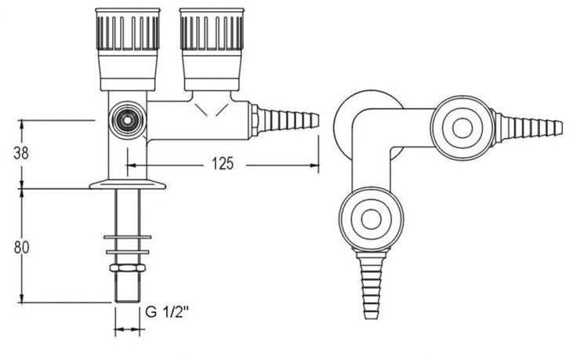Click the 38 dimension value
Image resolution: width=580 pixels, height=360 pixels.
click(x=20, y=152)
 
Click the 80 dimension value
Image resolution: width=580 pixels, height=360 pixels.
click(x=21, y=247)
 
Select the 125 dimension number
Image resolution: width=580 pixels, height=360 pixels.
click(x=223, y=163)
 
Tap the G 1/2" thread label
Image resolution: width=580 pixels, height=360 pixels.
click(x=167, y=312)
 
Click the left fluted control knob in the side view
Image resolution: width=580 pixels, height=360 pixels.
click(x=127, y=49)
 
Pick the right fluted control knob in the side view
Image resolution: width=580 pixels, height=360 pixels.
click(x=212, y=49)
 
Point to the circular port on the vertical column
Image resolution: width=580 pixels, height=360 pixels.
click(x=127, y=121)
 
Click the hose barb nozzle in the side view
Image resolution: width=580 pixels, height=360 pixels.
click(x=284, y=120)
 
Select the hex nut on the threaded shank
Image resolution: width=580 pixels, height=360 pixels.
click(x=128, y=267)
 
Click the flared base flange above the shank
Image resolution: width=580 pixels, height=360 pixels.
click(x=128, y=184)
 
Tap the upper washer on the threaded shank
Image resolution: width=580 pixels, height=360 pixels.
click(x=128, y=237)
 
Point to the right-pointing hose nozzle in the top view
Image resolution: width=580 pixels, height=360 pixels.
click(x=527, y=128)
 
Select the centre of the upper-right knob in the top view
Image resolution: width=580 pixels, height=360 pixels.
click(x=462, y=128)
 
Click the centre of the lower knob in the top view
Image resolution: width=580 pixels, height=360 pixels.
click(x=371, y=219)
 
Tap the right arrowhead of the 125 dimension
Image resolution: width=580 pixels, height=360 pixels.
click(x=314, y=165)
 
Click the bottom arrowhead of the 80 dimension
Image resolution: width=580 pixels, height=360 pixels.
click(x=21, y=298)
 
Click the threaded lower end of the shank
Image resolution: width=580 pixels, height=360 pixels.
click(x=128, y=287)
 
